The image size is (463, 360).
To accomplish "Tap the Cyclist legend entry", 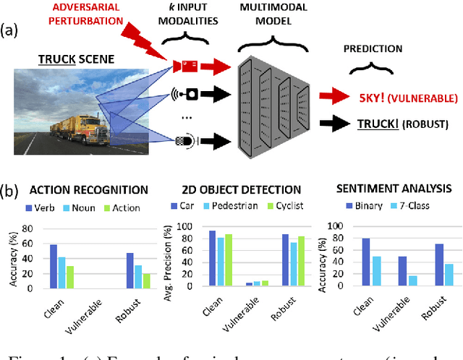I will pos(280,207).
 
